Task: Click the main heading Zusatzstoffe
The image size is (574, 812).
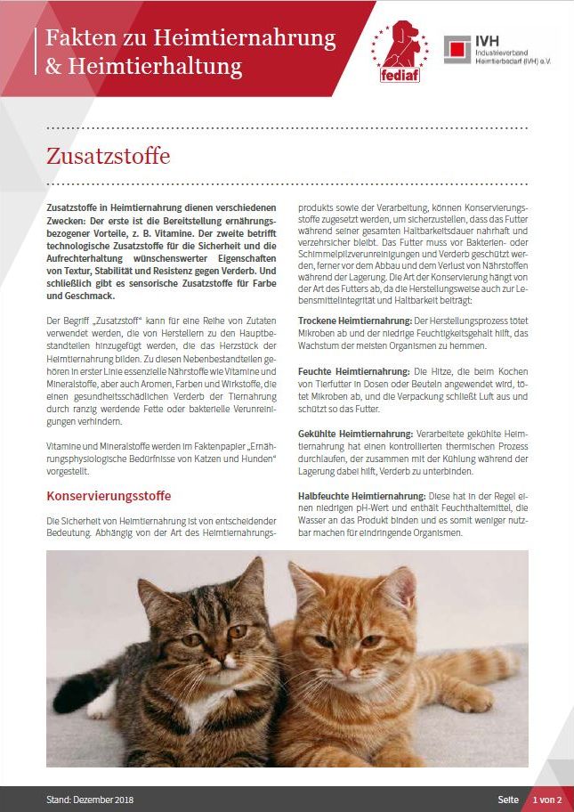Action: (108, 155)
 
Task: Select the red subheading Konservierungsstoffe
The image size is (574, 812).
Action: (108, 496)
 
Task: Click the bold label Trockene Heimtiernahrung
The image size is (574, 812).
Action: (353, 320)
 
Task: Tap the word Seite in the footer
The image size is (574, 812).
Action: (508, 800)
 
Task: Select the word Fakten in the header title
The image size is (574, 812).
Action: (74, 38)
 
